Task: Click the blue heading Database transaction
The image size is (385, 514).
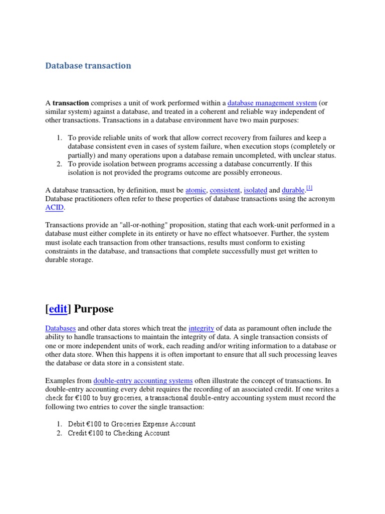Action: coord(88,66)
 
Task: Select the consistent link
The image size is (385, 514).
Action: coord(225,190)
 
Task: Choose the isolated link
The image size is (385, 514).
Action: coord(255,190)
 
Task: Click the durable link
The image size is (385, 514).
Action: coord(293,190)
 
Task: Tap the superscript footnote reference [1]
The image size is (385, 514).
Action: coord(309,188)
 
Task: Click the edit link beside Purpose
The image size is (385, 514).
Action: coord(58,309)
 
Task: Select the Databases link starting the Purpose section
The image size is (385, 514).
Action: coord(60,328)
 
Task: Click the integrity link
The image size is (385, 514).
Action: coord(201,328)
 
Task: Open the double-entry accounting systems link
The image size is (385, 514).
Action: coord(143,380)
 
